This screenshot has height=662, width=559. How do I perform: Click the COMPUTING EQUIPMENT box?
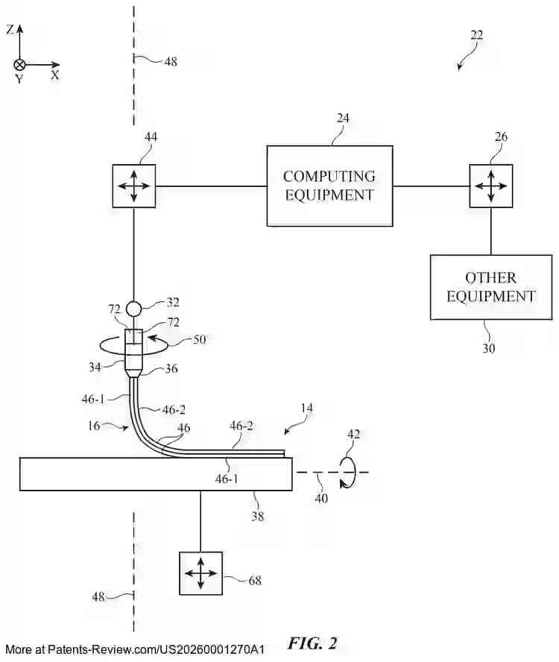pyautogui.click(x=329, y=186)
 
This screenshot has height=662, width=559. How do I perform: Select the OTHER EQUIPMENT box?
pyautogui.click(x=490, y=287)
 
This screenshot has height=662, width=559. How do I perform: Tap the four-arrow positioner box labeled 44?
pyautogui.click(x=134, y=186)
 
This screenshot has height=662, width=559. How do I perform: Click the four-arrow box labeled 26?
pyautogui.click(x=490, y=186)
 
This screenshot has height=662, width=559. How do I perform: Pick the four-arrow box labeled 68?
pyautogui.click(x=200, y=573)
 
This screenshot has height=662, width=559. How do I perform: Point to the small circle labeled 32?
pyautogui.click(x=134, y=308)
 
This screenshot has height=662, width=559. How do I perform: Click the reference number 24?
pyautogui.click(x=343, y=118)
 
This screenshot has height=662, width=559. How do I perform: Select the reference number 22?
pyautogui.click(x=477, y=34)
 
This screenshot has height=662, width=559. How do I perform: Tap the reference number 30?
pyautogui.click(x=488, y=347)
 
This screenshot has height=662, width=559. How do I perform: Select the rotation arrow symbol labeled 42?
pyautogui.click(x=348, y=472)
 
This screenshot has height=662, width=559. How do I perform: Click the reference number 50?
pyautogui.click(x=199, y=339)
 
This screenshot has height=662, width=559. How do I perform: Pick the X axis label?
pyautogui.click(x=55, y=75)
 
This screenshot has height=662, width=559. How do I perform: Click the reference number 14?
pyautogui.click(x=306, y=409)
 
